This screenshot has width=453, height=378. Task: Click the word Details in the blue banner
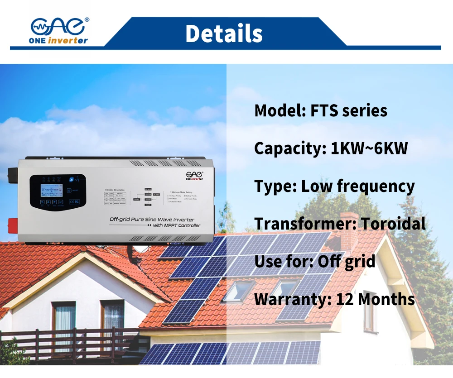click(224, 34)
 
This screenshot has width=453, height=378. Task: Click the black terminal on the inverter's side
click(13, 173)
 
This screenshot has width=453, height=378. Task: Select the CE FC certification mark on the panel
click(73, 201)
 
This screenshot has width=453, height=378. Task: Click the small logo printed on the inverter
click(194, 175)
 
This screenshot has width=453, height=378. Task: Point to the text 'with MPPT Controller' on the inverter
click(176, 225)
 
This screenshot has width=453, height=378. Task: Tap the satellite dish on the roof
click(141, 248)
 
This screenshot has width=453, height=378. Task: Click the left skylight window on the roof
click(238, 291)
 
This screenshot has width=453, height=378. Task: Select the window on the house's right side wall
click(370, 312)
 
